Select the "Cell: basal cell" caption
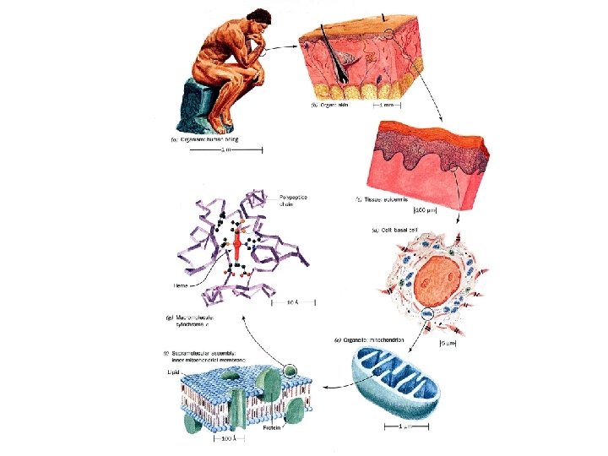pos(396,229)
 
